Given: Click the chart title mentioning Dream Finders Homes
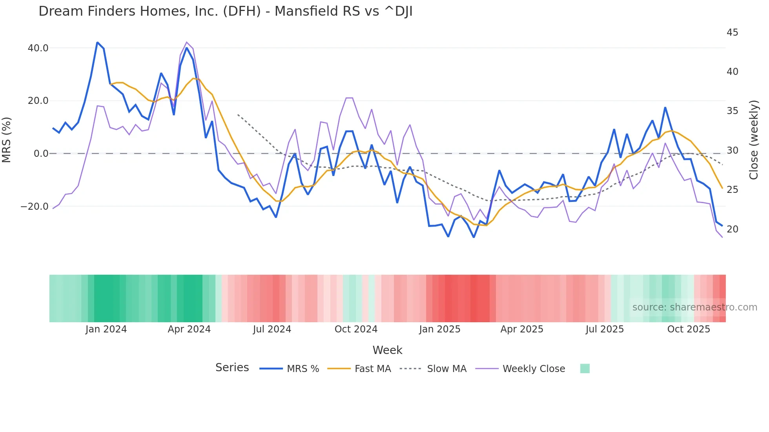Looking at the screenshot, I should [x=225, y=11].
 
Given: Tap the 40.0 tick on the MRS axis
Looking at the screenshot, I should [x=38, y=48].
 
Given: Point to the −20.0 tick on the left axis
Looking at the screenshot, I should [x=35, y=207].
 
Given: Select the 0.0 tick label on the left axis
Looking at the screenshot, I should [x=41, y=154].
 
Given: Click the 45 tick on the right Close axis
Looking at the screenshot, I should [x=732, y=33].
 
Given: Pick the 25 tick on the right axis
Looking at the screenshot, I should [x=732, y=190].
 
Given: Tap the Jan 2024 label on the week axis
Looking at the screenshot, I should [x=106, y=329].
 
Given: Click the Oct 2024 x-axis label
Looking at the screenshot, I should [x=356, y=329].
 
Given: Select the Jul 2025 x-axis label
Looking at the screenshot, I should [x=605, y=329].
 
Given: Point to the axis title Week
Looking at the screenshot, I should [x=387, y=350].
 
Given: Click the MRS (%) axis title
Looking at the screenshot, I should [x=7, y=140].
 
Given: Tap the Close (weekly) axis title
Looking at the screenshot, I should [x=753, y=140].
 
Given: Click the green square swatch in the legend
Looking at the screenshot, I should [x=585, y=368].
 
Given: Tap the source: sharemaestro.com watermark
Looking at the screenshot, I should [x=694, y=307].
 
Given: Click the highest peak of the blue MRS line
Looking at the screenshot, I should [x=97, y=42].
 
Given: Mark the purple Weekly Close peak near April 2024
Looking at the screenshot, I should [x=187, y=42].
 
